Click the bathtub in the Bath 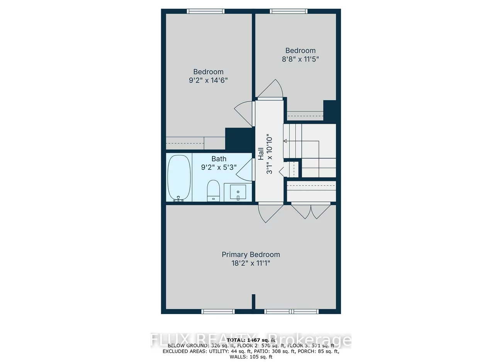pyautogui.click(x=179, y=178)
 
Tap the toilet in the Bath pyautogui.click(x=213, y=190)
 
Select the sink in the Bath pyautogui.click(x=238, y=192)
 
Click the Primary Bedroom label pyautogui.click(x=251, y=254)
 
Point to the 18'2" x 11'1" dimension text pyautogui.click(x=251, y=263)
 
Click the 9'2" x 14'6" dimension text pyautogui.click(x=209, y=80)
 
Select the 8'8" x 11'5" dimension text pyautogui.click(x=300, y=59)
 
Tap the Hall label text pyautogui.click(x=261, y=154)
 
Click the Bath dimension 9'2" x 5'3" pyautogui.click(x=219, y=167)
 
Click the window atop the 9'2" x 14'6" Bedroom pyautogui.click(x=206, y=11)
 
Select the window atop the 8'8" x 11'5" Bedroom pyautogui.click(x=289, y=11)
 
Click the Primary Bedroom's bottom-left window pyautogui.click(x=218, y=311)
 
